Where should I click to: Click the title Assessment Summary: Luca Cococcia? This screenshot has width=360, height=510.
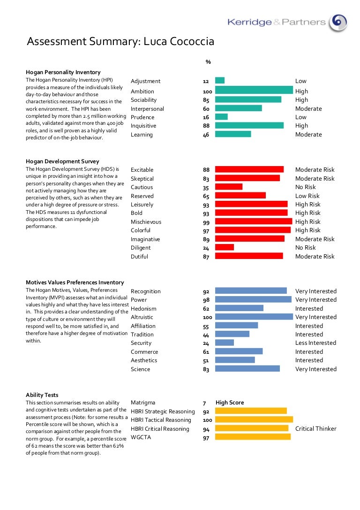point(120,42)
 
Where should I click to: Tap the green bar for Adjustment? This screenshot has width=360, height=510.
point(220,81)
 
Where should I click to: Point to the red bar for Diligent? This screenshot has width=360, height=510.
point(224,247)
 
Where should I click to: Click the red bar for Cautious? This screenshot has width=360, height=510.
point(228,187)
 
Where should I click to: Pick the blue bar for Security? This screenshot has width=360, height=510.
point(224,343)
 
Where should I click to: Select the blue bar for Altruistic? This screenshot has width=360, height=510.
point(254,317)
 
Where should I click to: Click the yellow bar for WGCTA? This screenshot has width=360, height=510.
point(253,437)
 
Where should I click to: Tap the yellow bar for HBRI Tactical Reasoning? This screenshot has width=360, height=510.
point(254,419)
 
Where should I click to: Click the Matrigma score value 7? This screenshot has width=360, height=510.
point(204,403)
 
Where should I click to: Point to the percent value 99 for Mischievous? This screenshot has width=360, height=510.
point(206,221)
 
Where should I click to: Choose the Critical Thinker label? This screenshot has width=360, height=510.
point(315,428)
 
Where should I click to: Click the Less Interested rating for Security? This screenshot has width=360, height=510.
point(315,343)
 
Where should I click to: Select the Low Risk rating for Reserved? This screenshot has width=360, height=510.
point(307,196)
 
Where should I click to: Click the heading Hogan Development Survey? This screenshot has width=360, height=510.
point(62,161)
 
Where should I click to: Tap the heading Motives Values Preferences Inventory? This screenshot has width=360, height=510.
point(75,282)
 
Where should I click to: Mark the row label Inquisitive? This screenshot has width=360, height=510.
point(143,126)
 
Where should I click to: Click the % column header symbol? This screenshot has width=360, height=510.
point(208,62)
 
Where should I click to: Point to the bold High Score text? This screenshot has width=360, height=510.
point(230,403)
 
